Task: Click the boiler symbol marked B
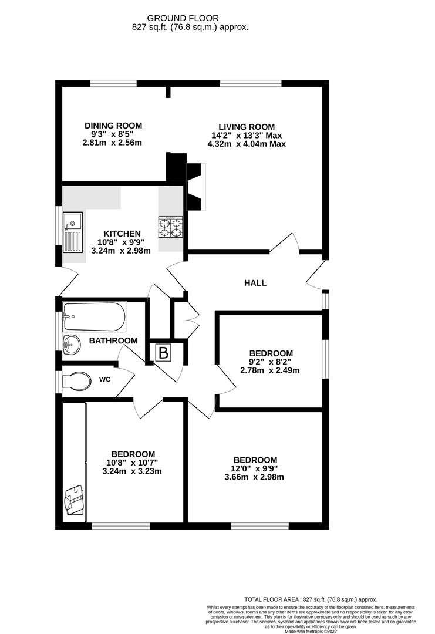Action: (164, 353)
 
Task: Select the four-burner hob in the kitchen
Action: (170, 227)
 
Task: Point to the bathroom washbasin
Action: (71, 345)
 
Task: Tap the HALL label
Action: (255, 283)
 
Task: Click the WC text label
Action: (104, 379)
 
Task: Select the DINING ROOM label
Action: (113, 126)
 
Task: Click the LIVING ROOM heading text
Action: (247, 127)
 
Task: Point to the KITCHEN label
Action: (123, 234)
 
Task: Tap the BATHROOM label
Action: (113, 340)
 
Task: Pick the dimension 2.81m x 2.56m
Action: (113, 143)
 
